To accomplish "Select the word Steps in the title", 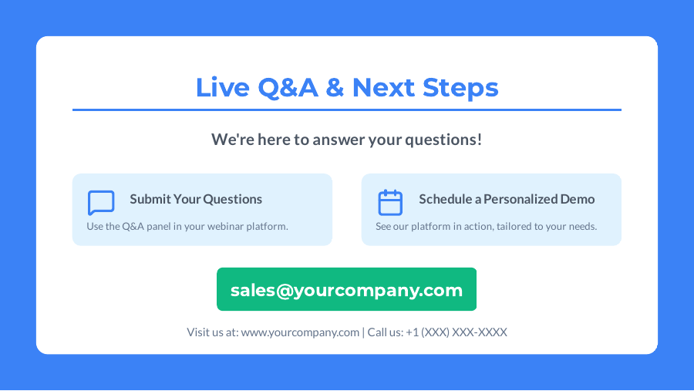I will [460, 87].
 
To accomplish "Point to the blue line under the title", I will [347, 110].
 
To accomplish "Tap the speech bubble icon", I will [101, 203].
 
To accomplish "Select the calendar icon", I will [390, 203].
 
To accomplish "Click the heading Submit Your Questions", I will [196, 199].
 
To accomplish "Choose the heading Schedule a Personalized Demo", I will [507, 199].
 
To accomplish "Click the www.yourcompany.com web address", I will [300, 332].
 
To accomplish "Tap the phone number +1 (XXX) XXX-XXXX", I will [456, 332].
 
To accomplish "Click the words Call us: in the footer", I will [385, 332].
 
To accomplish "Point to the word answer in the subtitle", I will [336, 140].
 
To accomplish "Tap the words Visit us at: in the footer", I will [212, 332].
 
